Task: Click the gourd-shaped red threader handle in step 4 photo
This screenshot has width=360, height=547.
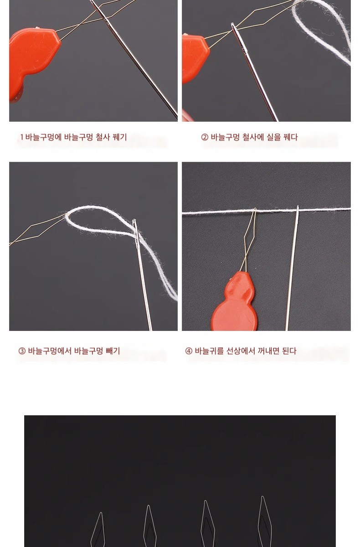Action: tap(236, 304)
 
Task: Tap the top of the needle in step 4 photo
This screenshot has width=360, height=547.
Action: tap(298, 207)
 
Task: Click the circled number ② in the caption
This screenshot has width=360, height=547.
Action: tap(205, 137)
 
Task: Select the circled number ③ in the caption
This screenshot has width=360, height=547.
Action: tap(22, 351)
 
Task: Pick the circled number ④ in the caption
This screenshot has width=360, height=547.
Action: tap(189, 351)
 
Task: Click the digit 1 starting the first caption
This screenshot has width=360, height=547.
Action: tap(22, 137)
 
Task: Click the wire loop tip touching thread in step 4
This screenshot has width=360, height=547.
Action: tap(255, 209)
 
